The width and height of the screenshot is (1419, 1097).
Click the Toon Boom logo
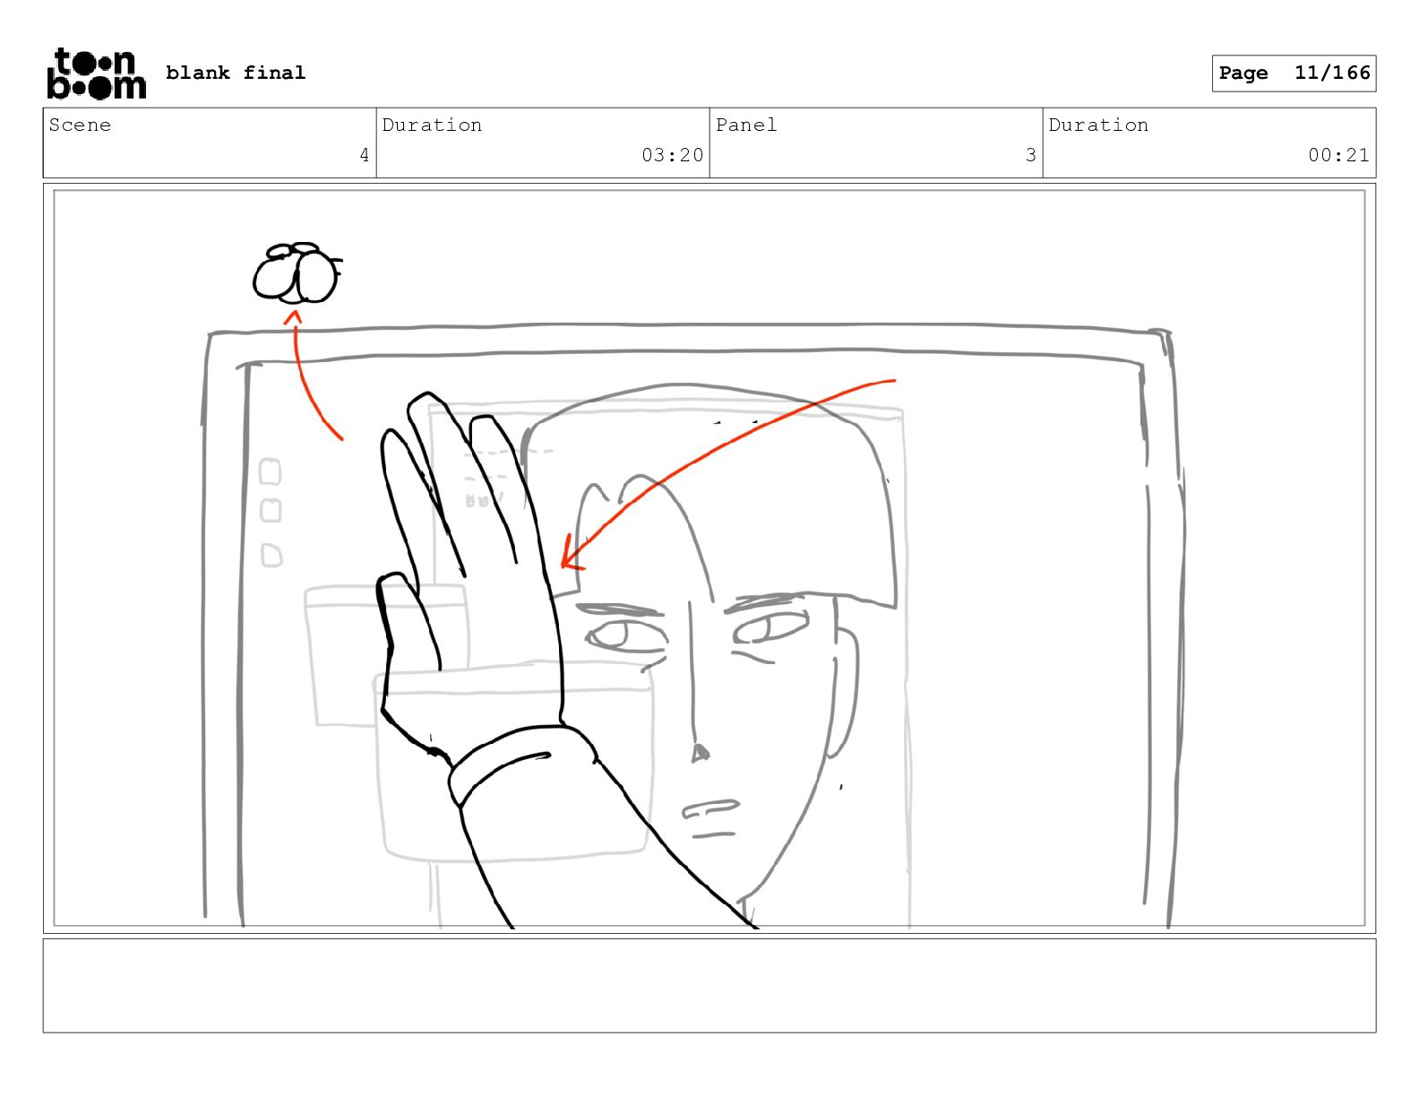(97, 73)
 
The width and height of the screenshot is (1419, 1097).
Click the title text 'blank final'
(235, 73)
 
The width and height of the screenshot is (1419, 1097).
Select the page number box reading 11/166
(1294, 73)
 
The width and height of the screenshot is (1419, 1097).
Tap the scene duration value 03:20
(672, 155)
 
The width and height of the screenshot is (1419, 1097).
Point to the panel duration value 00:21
(1338, 155)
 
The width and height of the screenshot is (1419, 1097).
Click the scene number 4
(365, 155)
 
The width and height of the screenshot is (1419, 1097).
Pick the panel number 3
(1030, 155)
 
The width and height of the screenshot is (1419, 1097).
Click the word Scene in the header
(80, 125)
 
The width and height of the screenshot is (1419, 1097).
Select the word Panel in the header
(745, 125)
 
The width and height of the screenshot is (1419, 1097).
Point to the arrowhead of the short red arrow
(293, 317)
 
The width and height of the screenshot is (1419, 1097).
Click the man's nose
(700, 754)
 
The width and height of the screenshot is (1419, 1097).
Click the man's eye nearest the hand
(625, 635)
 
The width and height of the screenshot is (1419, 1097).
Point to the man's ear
(845, 693)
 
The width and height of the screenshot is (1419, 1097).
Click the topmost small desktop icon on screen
(270, 471)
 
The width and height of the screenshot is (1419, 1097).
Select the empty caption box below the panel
(709, 985)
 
